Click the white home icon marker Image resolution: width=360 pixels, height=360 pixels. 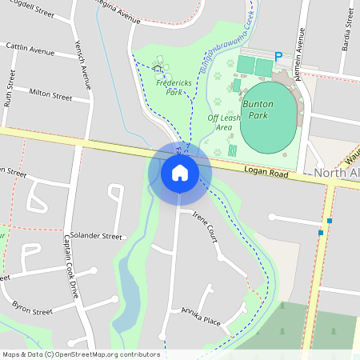pyautogui.click(x=179, y=172)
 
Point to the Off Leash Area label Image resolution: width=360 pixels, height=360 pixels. pyautogui.click(x=224, y=122)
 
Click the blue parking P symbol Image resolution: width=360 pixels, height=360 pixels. pyautogui.click(x=278, y=57)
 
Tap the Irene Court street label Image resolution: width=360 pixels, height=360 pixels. pyautogui.click(x=206, y=226)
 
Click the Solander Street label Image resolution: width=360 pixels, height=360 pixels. pyautogui.click(x=95, y=237)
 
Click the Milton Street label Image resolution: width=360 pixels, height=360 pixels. pyautogui.click(x=50, y=94)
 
